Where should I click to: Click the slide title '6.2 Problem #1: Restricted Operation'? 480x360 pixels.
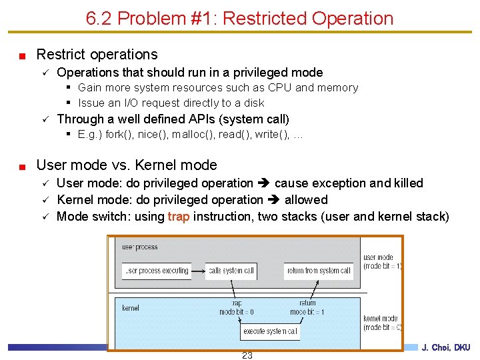click(239, 18)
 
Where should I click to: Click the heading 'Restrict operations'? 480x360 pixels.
click(97, 55)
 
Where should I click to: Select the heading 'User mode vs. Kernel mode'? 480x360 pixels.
click(126, 165)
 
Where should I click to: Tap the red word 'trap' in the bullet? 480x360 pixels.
click(179, 217)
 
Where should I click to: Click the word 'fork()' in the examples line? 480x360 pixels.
click(118, 134)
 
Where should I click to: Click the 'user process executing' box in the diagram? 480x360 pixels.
click(157, 271)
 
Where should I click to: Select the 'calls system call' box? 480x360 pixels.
click(231, 271)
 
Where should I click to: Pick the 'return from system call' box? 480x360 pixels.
click(319, 271)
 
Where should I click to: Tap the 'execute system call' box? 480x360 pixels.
click(270, 331)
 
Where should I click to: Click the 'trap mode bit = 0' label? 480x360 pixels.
click(236, 307)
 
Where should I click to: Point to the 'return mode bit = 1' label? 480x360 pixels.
click(307, 307)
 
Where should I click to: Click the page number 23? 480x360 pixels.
click(247, 355)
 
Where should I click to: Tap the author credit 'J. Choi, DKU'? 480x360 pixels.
click(446, 347)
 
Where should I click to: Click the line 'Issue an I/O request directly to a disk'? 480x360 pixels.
click(171, 103)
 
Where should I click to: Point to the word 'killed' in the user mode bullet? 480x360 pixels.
click(408, 183)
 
